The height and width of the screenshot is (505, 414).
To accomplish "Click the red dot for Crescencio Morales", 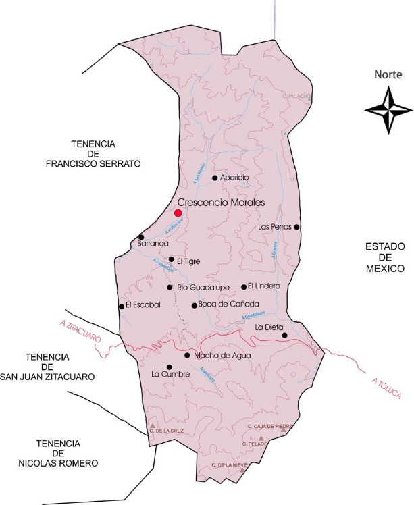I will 178,213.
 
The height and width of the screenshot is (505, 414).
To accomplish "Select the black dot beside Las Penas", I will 296,227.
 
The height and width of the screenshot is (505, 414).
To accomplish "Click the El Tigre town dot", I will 172,259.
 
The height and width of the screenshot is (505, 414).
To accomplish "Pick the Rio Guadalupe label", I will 203,288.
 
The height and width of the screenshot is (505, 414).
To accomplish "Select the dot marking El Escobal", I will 122,306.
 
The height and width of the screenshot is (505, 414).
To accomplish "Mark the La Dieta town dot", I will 284,336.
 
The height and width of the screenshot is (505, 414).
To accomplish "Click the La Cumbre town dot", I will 169,367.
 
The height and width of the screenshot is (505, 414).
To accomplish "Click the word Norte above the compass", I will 388,76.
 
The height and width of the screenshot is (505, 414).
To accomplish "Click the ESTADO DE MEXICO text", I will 384,257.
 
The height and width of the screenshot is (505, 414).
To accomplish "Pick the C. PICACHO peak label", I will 297,97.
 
